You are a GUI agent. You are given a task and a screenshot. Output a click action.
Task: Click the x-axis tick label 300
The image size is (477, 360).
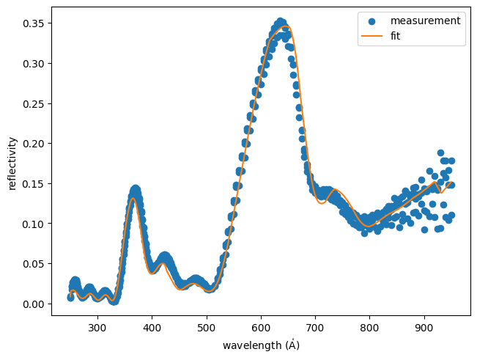point(97,328)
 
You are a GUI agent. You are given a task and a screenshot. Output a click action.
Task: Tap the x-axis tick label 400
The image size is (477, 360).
point(152,328)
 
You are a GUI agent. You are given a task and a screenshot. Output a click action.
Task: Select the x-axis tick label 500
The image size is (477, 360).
point(207,328)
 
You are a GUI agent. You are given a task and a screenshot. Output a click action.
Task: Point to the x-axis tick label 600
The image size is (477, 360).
point(261,328)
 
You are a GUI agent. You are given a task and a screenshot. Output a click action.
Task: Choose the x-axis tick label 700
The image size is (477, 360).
point(315,328)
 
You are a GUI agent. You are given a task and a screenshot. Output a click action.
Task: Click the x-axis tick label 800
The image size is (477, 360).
point(370,328)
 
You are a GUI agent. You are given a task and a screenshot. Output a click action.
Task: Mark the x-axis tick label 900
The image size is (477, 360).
point(424,328)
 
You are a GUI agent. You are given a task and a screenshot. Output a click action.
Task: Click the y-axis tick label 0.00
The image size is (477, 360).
point(34,304)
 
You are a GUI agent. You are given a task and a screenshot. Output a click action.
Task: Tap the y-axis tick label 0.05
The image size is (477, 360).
point(34,263)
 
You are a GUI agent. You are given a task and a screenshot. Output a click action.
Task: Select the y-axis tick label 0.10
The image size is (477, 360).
point(34,224)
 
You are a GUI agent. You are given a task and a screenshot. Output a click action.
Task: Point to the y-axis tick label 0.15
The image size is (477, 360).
point(34,183)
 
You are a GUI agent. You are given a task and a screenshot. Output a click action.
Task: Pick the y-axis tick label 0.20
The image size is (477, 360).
point(34,144)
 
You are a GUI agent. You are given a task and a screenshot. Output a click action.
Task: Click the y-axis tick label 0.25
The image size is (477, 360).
point(34,103)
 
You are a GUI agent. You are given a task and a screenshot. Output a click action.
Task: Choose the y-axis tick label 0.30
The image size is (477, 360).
point(34,64)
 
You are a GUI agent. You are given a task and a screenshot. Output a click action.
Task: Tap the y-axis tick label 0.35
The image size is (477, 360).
point(34,23)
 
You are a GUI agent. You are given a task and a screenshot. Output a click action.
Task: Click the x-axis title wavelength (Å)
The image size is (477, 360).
point(261,345)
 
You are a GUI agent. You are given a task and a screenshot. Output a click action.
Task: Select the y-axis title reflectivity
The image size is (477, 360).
point(12,163)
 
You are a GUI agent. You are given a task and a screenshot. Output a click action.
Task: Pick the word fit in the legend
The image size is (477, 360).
point(396,35)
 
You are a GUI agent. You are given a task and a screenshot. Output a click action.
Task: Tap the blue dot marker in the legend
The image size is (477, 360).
point(371,21)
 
